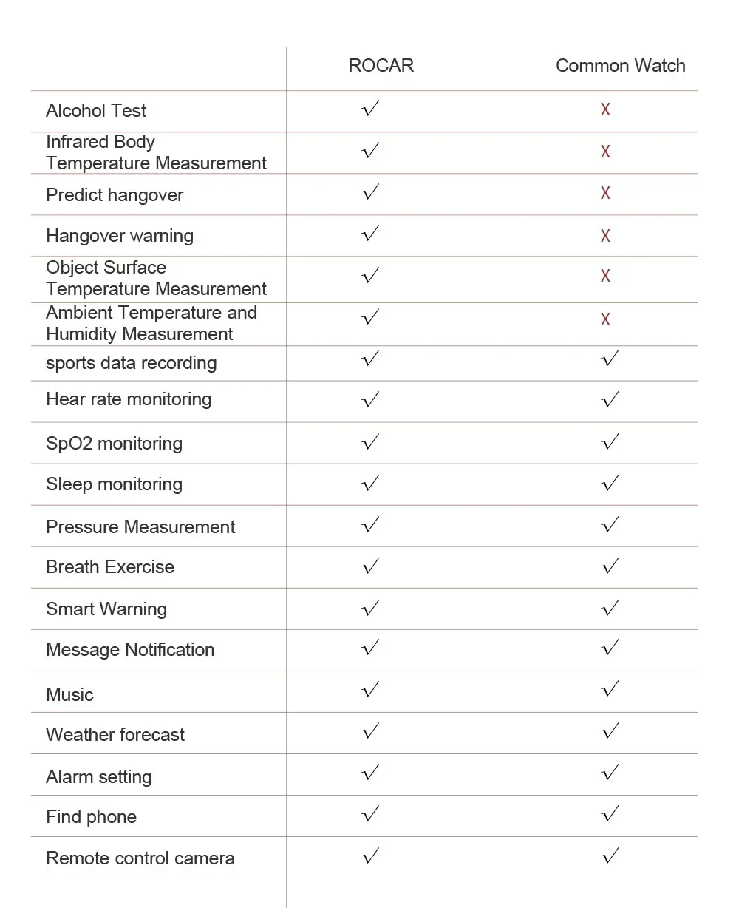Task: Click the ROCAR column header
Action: tap(381, 66)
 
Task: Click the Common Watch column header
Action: tap(620, 66)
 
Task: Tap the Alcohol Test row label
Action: tap(96, 111)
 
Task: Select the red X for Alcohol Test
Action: tap(605, 110)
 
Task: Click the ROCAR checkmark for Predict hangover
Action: tap(371, 192)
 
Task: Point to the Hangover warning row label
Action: tap(120, 236)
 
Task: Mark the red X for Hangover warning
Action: tap(605, 236)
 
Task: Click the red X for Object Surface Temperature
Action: tap(605, 276)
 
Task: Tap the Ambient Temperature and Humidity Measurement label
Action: tap(151, 323)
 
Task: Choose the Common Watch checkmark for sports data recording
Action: tap(610, 359)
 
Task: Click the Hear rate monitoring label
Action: tap(129, 399)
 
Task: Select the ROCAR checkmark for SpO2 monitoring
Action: tap(371, 442)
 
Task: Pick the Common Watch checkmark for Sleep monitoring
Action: tap(610, 484)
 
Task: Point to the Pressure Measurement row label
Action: tap(140, 526)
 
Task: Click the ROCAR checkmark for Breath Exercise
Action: tap(371, 566)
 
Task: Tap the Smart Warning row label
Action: tap(106, 609)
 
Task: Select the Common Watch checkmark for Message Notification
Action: tap(610, 648)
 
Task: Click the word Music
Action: tap(69, 694)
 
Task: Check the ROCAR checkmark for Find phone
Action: tap(371, 815)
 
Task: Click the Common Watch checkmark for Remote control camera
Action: tap(610, 856)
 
